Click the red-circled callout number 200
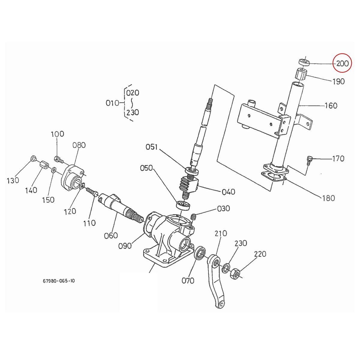point(342,63)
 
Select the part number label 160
point(331,106)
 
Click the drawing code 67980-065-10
point(59,281)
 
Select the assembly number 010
point(113,103)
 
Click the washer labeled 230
point(226,268)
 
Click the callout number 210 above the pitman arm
point(221,233)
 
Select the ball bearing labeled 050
point(183,205)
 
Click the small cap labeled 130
point(33,158)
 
